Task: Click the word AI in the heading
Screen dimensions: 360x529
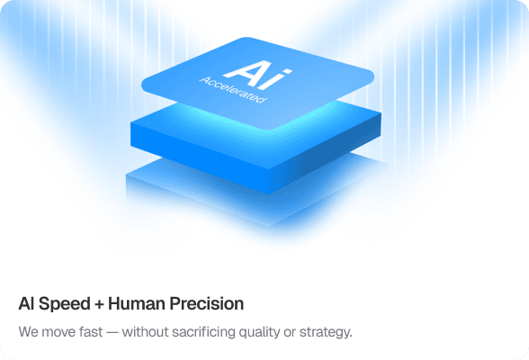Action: [26, 303]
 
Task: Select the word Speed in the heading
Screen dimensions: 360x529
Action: [62, 303]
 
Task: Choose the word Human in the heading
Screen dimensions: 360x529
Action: [135, 303]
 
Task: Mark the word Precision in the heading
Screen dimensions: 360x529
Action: [204, 303]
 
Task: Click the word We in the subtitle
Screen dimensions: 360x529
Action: [28, 332]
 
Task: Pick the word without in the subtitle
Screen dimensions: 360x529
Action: [155, 332]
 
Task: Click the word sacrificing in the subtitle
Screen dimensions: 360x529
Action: [216, 332]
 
